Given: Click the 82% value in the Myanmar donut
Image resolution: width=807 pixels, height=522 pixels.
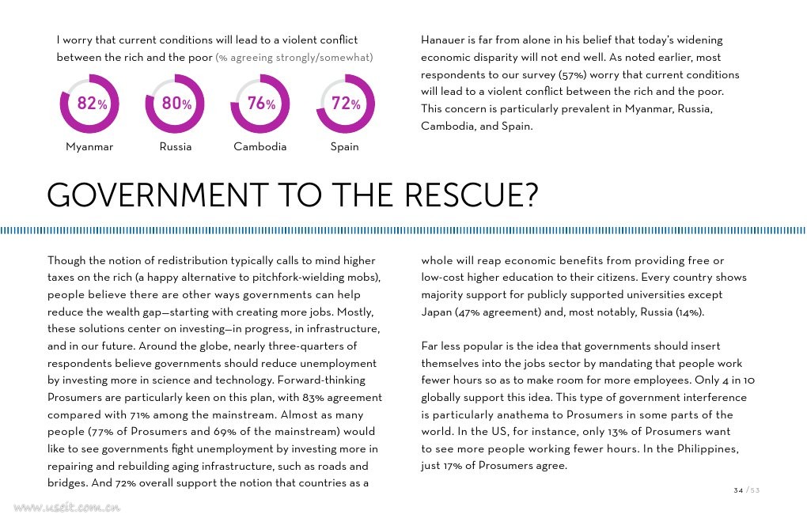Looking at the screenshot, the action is pos(92,104).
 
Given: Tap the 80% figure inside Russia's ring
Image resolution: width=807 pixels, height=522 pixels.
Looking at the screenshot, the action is pos(177,104).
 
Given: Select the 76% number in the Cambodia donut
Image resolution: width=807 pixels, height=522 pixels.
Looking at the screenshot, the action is pos(261,104).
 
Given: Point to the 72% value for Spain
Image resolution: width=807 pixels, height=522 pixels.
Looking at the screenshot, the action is pos(346,104).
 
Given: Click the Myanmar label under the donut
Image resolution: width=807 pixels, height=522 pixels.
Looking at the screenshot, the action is pos(89,146).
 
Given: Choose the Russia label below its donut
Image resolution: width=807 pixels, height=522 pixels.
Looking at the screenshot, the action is pos(176,146).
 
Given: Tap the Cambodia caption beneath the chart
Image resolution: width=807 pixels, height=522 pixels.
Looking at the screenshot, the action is pos(260,146).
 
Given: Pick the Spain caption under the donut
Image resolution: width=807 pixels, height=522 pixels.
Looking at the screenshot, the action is pos(344,146).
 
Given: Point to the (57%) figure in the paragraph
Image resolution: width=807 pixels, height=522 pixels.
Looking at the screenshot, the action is pos(572,74).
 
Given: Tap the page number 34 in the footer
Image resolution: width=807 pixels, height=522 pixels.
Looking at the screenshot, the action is pos(738,490).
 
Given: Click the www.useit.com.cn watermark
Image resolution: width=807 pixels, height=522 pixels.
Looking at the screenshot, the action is pos(67,508).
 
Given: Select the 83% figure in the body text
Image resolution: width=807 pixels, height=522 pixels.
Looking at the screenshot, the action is pos(313,398).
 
